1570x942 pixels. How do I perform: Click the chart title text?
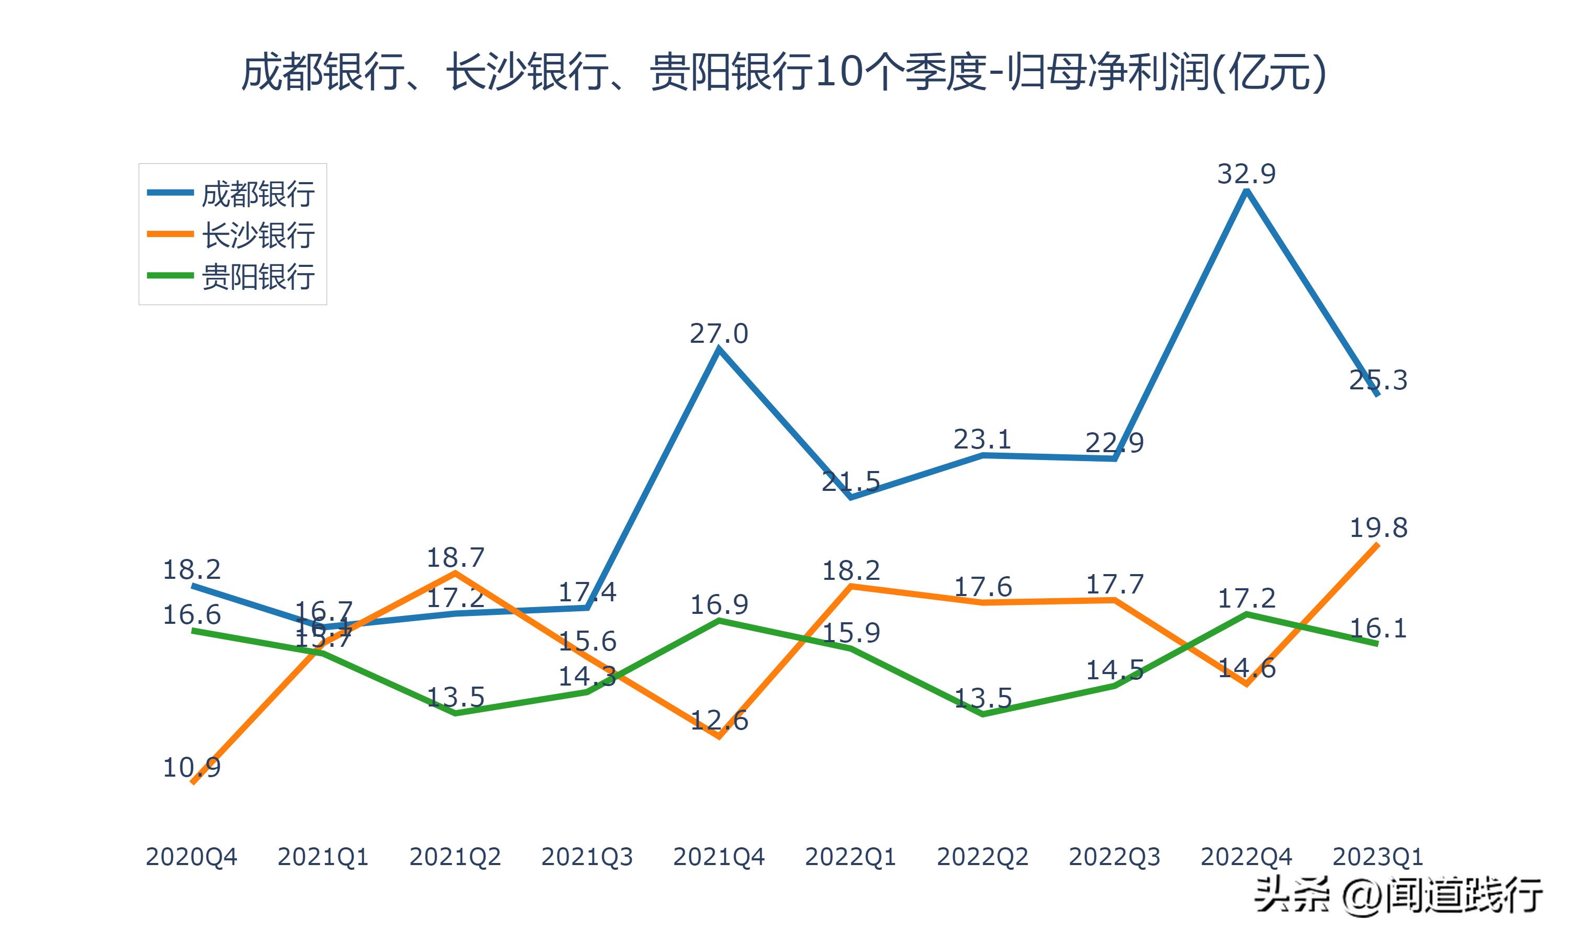point(784,72)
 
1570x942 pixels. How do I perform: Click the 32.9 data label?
point(1246,173)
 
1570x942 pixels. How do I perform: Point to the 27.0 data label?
point(719,333)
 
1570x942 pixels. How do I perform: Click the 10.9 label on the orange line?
point(192,767)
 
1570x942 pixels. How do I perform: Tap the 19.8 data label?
point(1378,528)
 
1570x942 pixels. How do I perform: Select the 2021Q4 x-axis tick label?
point(719,857)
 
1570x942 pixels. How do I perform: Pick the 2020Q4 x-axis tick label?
point(191,857)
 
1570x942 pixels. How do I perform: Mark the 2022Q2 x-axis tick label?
point(982,857)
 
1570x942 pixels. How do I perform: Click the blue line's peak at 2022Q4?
point(1247,191)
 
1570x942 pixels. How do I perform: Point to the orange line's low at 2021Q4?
point(719,736)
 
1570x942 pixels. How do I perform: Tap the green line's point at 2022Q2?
point(982,714)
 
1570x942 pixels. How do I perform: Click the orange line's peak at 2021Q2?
point(455,573)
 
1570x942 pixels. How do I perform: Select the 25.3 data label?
point(1378,380)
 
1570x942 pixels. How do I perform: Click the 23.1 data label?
point(982,439)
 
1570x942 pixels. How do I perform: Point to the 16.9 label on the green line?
point(719,604)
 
